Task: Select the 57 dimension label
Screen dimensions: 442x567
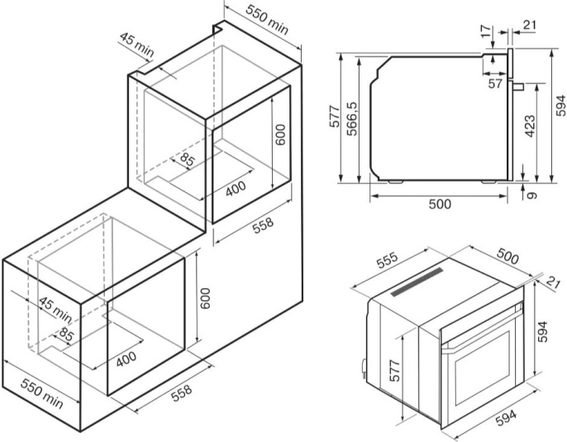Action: (495, 83)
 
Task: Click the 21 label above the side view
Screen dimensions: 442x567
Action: (529, 25)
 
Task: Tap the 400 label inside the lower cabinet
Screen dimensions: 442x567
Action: (126, 358)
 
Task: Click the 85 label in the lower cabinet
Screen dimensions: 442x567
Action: (66, 334)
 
